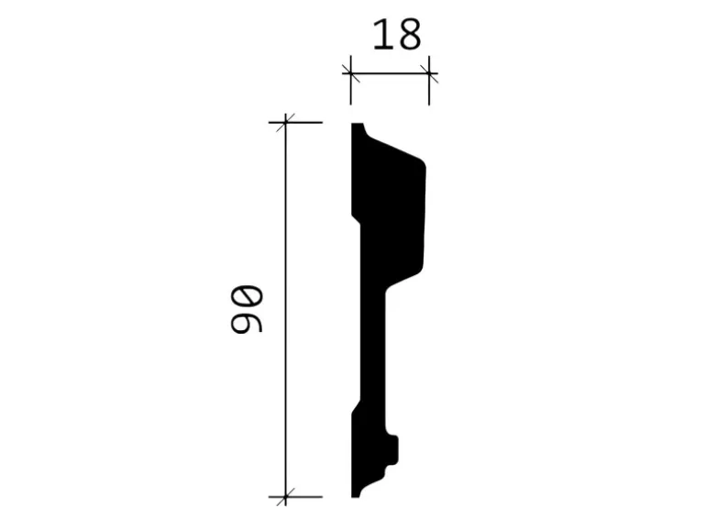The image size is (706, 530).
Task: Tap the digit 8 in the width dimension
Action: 409,35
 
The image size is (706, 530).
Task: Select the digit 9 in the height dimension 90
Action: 247,319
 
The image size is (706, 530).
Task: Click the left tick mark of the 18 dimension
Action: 351,73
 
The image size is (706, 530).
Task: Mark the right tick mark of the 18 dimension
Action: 429,73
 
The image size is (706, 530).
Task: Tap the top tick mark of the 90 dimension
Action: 285,123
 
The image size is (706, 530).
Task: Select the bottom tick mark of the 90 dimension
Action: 285,497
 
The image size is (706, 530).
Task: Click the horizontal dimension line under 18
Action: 390,73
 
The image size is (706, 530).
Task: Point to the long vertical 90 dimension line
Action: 285,309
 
